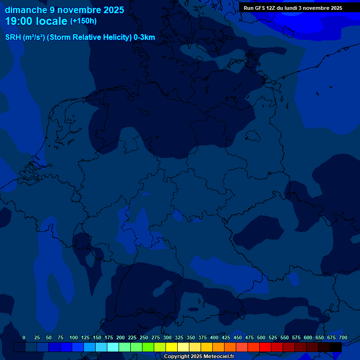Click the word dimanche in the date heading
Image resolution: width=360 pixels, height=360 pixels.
point(26,10)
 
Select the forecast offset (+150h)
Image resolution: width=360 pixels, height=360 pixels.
point(83,21)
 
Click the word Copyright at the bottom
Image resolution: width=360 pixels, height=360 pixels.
point(176,357)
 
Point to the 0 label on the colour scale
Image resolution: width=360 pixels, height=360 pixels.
point(24,337)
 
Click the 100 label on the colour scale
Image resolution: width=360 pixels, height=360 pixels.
point(74,337)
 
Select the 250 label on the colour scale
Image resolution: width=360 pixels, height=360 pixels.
point(144,337)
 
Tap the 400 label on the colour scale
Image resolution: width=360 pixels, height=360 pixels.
point(214,337)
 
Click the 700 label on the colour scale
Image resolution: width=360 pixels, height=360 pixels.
point(343,337)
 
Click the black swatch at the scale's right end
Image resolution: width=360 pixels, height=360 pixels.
point(336,347)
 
